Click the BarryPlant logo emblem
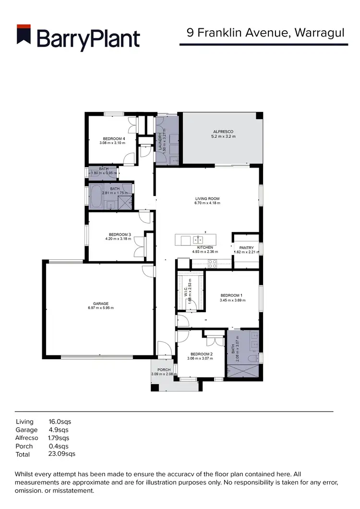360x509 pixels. (24, 37)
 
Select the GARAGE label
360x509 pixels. (101, 303)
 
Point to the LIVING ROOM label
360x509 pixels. (207, 198)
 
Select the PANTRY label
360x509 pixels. (246, 248)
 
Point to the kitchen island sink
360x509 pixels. (199, 239)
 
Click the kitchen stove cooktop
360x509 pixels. (212, 263)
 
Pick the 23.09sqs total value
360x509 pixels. (62, 454)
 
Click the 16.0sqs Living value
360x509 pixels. (60, 422)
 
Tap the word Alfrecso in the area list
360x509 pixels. (27, 438)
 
